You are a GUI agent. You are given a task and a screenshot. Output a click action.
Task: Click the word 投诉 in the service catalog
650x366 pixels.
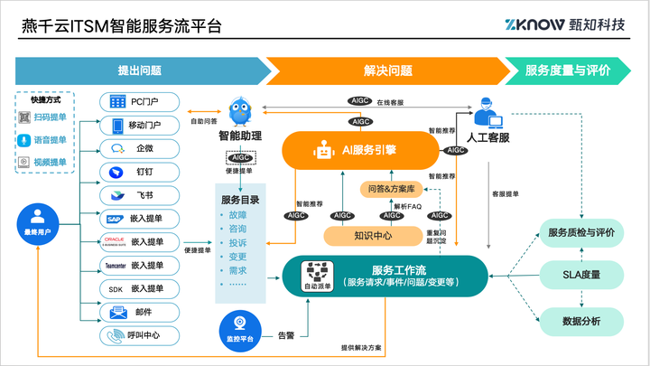tap(238, 242)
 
